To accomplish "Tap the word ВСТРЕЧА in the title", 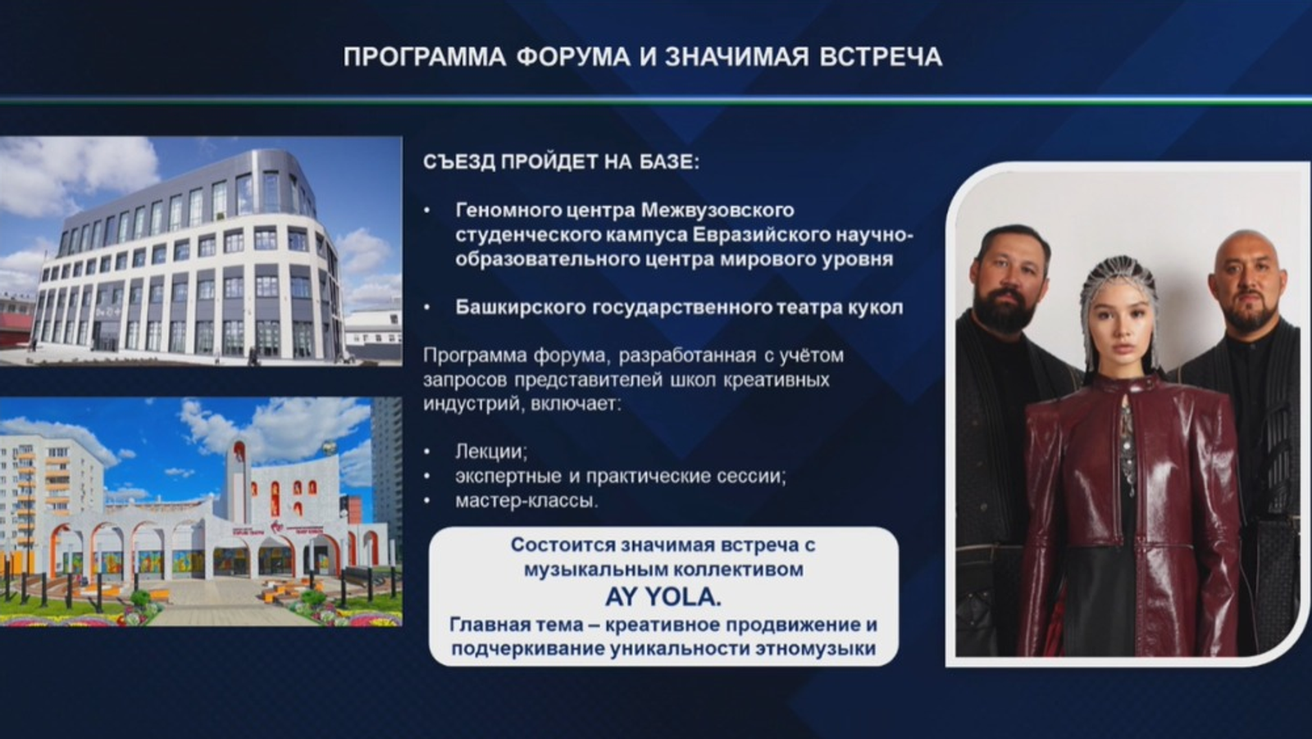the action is click(x=881, y=57).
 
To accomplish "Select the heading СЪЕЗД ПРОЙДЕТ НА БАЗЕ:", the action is click(x=561, y=162).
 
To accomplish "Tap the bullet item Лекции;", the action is click(x=491, y=451).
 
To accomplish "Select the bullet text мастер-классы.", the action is click(x=526, y=501).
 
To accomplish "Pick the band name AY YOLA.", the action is click(x=663, y=596).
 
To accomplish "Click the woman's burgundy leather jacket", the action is click(x=1132, y=503).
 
